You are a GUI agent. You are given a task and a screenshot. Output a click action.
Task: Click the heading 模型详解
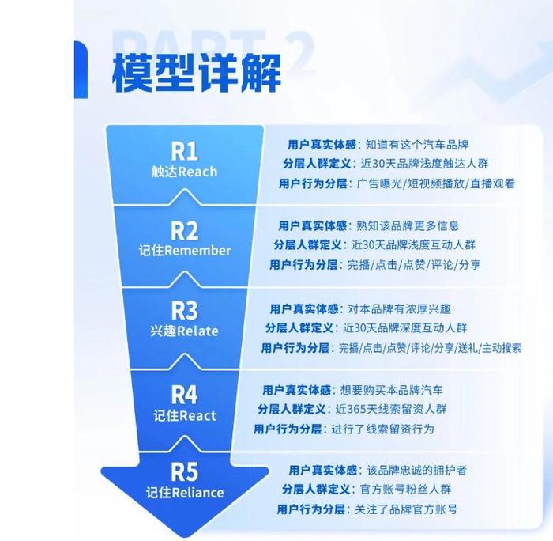197,73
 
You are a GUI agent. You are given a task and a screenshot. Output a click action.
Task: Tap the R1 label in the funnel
184,151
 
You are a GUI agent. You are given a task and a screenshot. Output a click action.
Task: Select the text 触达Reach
184,172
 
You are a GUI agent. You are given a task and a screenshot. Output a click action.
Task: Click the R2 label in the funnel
184,231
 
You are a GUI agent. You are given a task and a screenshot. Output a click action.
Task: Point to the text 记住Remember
185,251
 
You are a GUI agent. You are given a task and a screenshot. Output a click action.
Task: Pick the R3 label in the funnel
184,311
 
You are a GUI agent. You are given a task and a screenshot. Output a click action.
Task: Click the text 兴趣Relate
184,331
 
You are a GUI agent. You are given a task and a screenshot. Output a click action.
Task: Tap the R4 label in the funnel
184,395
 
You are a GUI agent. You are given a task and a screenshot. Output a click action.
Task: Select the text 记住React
185,416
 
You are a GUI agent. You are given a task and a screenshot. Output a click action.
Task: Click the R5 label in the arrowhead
184,471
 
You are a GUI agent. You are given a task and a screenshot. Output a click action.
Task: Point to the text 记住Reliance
185,493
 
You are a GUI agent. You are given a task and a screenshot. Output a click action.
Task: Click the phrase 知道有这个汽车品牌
417,145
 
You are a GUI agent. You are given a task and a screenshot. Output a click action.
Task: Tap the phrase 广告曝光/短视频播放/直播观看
436,183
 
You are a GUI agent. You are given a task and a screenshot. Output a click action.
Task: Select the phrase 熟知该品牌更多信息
408,225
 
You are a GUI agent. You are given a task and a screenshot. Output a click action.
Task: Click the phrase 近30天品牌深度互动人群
405,328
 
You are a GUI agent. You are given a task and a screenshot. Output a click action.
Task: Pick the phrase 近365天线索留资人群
391,409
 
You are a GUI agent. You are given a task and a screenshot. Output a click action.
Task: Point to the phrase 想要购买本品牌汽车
392,390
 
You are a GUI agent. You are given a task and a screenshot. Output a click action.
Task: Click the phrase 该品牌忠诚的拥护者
417,471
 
